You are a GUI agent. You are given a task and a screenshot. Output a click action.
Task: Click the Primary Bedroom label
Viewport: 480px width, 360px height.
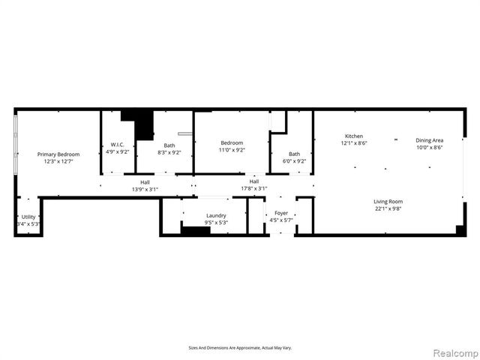tap(58, 154)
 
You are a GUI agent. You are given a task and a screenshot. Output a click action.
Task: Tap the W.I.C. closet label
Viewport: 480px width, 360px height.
tap(117, 144)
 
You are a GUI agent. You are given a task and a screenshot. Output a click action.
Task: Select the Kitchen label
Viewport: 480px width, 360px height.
tap(354, 136)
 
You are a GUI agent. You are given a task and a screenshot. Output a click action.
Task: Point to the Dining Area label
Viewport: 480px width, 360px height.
tap(430, 140)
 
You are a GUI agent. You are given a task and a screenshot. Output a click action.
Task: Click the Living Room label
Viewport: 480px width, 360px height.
tap(388, 201)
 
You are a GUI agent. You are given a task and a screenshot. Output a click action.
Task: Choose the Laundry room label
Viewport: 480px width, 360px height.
tap(215, 215)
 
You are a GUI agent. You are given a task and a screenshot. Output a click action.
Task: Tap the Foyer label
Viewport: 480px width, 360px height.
tap(281, 213)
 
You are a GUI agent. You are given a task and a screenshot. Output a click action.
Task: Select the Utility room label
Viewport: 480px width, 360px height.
tap(28, 217)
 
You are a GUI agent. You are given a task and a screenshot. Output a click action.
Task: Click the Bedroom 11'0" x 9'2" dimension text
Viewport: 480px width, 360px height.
tap(231, 150)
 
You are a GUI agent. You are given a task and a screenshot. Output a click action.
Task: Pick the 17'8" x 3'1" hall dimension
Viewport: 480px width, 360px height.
tap(254, 188)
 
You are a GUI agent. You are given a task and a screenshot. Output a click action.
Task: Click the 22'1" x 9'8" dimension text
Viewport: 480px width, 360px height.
tap(388, 208)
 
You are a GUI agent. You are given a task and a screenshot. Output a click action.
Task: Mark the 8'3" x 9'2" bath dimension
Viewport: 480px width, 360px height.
tap(169, 152)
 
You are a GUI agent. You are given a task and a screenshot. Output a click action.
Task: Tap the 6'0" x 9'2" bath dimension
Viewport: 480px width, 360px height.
tap(294, 160)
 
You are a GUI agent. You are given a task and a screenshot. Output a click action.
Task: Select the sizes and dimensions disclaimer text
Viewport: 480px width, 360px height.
tap(239, 347)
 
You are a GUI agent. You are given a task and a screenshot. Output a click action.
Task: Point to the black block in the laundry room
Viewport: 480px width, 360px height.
tap(196, 230)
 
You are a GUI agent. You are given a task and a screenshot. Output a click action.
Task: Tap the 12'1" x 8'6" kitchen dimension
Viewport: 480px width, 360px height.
tap(354, 142)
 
